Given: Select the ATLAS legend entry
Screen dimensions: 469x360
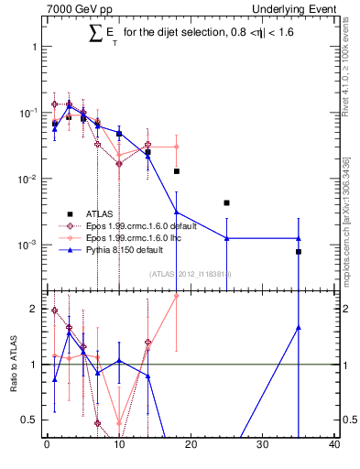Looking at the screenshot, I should coord(96,213).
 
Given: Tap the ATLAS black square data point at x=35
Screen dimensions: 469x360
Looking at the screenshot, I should coord(299,251).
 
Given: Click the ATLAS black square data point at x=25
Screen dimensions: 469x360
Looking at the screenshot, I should coord(226,202).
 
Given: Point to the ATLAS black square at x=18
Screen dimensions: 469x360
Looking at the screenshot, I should coord(176,171).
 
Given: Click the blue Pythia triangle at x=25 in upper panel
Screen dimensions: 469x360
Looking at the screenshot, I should coord(226,238).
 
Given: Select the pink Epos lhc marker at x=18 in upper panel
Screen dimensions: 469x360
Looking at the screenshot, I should coord(176,147).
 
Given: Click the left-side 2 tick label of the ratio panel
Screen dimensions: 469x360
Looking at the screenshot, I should coord(35,310).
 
